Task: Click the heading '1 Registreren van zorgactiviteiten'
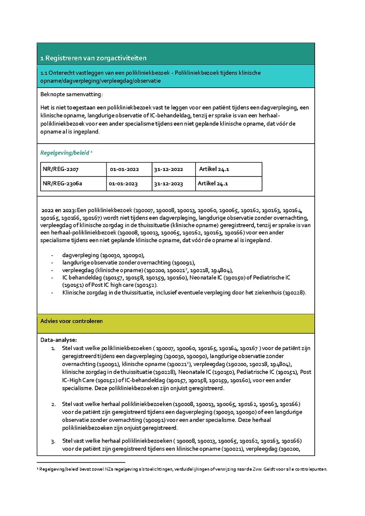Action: tap(93, 58)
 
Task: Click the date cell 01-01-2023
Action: tap(123, 184)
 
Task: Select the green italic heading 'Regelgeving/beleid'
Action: tap(64, 153)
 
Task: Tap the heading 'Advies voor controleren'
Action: tap(71, 321)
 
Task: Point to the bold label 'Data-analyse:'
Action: tap(58, 340)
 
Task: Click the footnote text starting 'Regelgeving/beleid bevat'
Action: tap(182, 469)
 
